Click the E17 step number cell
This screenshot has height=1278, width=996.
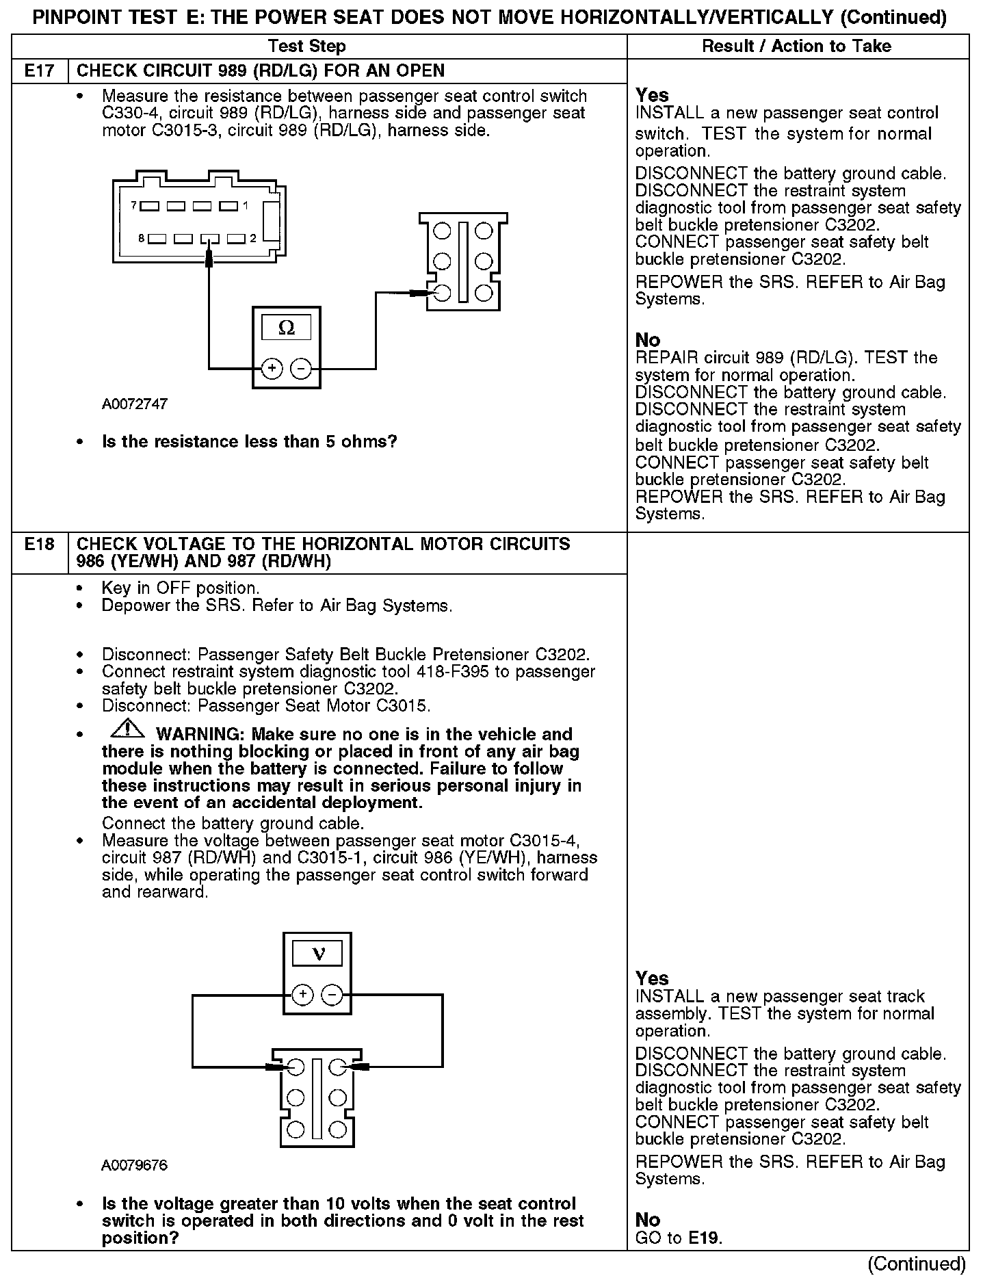coord(40,71)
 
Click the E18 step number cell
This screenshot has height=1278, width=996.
coord(40,545)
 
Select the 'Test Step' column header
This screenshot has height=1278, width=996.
coord(307,47)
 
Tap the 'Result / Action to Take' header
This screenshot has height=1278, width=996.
coord(797,47)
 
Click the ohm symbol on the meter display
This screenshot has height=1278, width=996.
coord(287,328)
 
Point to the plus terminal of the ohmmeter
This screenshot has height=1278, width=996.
coord(272,369)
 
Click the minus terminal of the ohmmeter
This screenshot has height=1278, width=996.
coord(301,369)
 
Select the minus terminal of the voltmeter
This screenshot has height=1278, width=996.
coord(332,994)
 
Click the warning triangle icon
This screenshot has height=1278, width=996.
coord(127,730)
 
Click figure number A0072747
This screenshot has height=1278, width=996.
coord(135,404)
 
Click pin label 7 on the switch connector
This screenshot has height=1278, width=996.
coord(133,205)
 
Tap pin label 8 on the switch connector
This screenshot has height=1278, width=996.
coord(141,239)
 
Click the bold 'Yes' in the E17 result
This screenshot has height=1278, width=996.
coord(652,95)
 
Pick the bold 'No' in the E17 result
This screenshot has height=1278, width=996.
coord(648,340)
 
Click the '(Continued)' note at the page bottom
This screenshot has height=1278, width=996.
coord(917,1263)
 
